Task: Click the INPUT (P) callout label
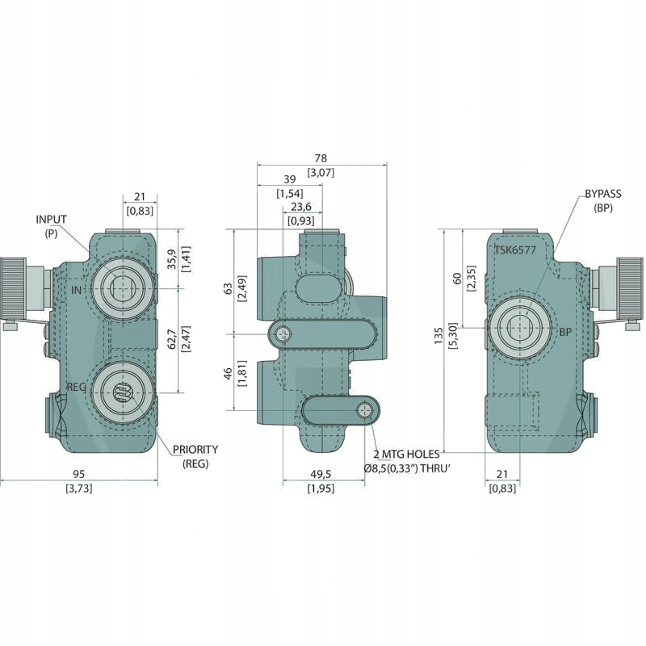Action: click(51, 225)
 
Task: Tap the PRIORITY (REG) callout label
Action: click(195, 455)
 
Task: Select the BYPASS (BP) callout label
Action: click(603, 200)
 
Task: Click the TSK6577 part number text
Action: click(516, 250)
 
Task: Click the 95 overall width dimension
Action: click(79, 474)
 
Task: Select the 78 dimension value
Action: click(321, 158)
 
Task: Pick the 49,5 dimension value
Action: click(321, 474)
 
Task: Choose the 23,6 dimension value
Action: click(302, 207)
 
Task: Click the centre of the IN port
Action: click(121, 287)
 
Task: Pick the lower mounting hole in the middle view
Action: click(367, 410)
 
